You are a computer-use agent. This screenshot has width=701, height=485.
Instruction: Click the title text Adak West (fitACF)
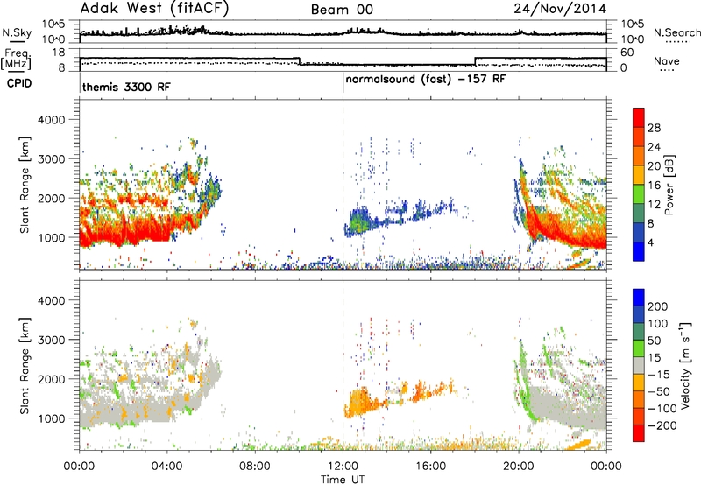154,8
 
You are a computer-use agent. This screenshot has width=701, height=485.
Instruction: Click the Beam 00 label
342,10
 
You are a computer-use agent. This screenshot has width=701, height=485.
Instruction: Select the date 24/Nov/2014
560,9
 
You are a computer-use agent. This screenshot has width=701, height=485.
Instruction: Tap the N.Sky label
17,32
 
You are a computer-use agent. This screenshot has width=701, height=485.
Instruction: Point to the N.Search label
676,32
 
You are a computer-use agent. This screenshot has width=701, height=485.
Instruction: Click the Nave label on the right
667,60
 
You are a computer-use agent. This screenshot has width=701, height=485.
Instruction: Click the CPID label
19,83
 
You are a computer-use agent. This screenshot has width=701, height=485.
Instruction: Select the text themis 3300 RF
126,87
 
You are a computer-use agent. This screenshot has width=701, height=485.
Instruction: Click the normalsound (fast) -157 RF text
426,80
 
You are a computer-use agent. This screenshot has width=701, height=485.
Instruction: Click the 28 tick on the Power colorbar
654,128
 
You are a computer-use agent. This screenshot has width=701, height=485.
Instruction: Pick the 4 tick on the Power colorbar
650,242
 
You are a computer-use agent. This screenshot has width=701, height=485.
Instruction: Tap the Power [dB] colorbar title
669,185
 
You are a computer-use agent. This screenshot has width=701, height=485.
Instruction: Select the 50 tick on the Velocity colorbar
654,341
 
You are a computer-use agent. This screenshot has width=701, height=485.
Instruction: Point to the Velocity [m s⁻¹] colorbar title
685,365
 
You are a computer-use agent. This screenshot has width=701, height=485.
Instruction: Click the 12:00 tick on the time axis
343,467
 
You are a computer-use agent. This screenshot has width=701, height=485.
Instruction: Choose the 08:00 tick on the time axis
255,467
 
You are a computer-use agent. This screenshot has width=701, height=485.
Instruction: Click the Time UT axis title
343,480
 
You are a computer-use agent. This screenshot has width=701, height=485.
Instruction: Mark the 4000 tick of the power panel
51,120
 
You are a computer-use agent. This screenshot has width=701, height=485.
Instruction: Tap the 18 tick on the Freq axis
59,53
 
